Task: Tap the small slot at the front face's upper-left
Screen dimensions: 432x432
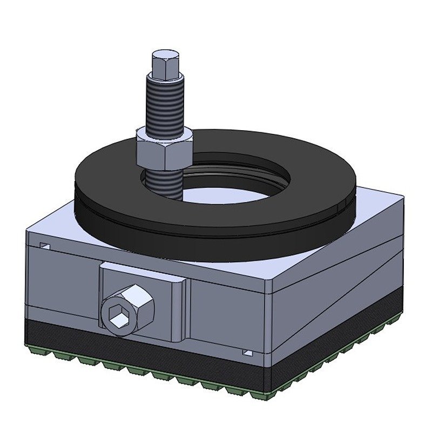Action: click(x=45, y=246)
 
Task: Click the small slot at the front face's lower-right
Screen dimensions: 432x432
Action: click(x=248, y=353)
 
